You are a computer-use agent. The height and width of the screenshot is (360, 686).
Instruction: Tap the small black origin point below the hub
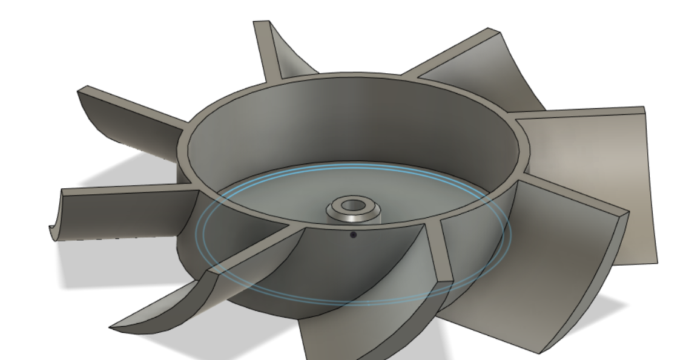[x=354, y=234]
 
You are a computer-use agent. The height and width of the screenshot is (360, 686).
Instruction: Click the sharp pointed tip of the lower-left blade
[x=113, y=328]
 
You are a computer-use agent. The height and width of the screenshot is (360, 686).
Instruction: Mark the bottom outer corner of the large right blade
[x=655, y=261]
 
